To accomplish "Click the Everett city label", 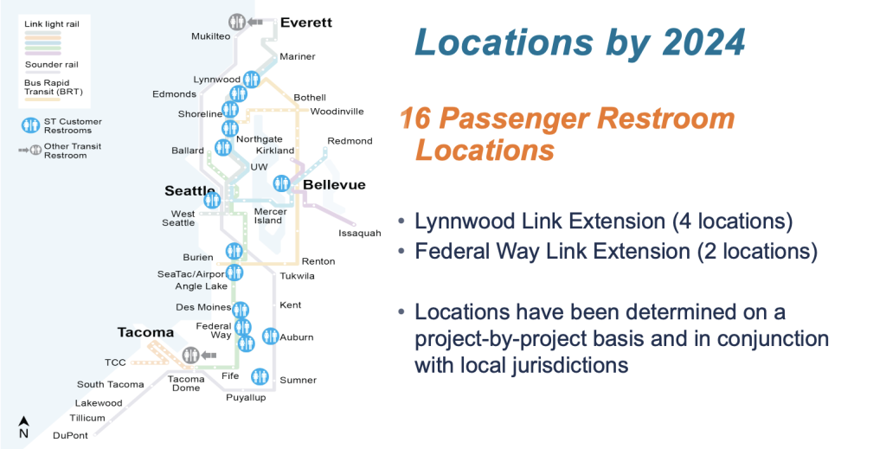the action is pyautogui.click(x=306, y=23).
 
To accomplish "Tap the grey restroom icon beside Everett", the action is pyautogui.click(x=237, y=22).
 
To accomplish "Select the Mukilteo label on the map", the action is pyautogui.click(x=211, y=36).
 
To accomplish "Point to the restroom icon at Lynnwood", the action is pyautogui.click(x=252, y=80).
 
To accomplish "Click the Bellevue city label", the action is pyautogui.click(x=334, y=184).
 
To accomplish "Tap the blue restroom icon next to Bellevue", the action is pyautogui.click(x=281, y=183).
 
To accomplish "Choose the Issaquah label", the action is pyautogui.click(x=360, y=234).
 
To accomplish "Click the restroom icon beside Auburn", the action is pyautogui.click(x=270, y=336).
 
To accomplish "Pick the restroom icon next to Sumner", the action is pyautogui.click(x=260, y=376).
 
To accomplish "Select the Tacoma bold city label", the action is pyautogui.click(x=145, y=332).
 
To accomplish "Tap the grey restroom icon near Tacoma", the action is pyautogui.click(x=191, y=356).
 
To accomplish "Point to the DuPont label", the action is pyautogui.click(x=71, y=435).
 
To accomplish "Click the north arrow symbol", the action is pyautogui.click(x=23, y=427).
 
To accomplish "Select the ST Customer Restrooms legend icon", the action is pyautogui.click(x=30, y=125).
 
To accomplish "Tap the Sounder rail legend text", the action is pyautogui.click(x=51, y=64).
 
